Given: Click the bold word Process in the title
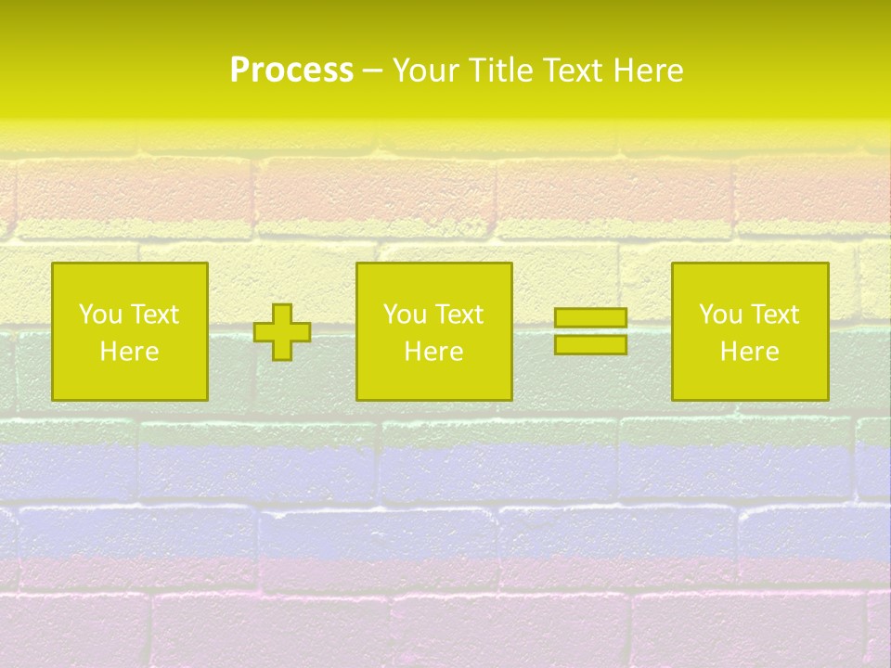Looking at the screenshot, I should coord(291,71).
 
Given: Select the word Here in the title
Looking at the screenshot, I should coord(649,71).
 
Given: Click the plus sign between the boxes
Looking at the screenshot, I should coord(282,332).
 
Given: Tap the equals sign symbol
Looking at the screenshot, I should coord(590,331).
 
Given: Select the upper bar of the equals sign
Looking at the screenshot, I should coord(590,318).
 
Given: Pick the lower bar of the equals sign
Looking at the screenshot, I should coord(590,344).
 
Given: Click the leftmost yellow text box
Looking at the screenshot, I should coord(130,332).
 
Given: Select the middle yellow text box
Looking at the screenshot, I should coord(433,332).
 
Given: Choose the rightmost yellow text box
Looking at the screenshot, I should coord(749,332).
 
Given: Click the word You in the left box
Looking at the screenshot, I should coord(100,315).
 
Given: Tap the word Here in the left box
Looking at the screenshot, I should coord(130,352).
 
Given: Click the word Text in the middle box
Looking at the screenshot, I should coord(458,315).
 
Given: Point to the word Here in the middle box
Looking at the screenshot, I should coord(433,352).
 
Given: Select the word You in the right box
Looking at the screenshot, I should coord(720,315).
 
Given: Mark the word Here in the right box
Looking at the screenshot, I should coord(749,352).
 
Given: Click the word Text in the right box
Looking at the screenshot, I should coord(774,315).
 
